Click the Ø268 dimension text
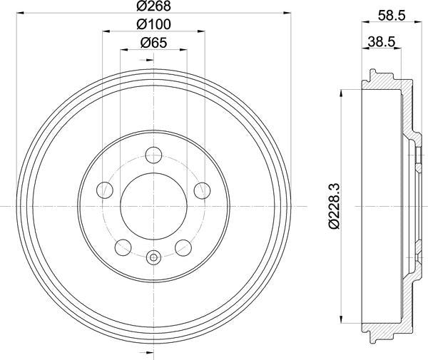point(153,7)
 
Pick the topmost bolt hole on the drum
point(153,155)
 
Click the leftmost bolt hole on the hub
point(105,190)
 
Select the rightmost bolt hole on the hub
point(202,190)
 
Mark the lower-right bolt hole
point(183,247)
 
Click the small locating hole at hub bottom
point(153,257)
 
